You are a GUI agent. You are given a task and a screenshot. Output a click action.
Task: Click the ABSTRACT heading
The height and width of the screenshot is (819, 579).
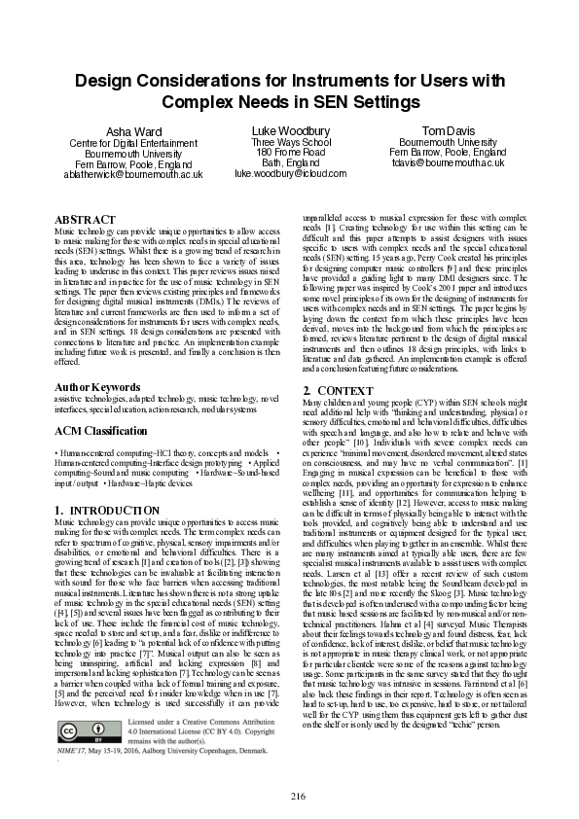click(x=85, y=221)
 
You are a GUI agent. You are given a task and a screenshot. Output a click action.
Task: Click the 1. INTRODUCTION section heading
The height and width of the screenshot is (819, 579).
click(x=107, y=510)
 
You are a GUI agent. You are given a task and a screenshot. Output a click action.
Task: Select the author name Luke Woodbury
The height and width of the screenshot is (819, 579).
click(x=289, y=129)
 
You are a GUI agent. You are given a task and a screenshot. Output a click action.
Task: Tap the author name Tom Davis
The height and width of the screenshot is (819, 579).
click(x=447, y=129)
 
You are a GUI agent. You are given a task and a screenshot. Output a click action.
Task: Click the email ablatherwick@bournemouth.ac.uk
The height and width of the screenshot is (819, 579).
click(x=132, y=175)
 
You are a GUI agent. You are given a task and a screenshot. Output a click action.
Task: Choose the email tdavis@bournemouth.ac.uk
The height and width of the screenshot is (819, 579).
click(x=447, y=163)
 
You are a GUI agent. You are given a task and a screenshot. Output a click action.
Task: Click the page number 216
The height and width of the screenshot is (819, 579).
click(x=299, y=796)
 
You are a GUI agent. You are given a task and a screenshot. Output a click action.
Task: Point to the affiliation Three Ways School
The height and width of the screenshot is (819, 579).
click(x=289, y=142)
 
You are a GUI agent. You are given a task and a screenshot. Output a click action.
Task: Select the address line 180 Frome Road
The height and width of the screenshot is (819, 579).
click(x=289, y=153)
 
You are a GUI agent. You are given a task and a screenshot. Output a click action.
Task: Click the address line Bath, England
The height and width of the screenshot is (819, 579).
click(x=289, y=163)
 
